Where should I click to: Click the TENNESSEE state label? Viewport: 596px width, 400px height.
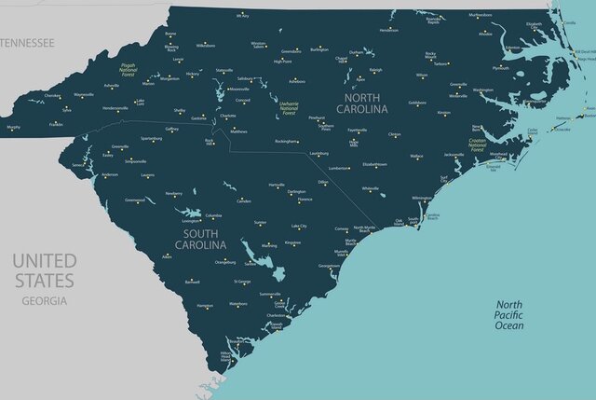tap(27, 43)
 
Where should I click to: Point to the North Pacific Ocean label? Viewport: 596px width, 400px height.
tap(509, 314)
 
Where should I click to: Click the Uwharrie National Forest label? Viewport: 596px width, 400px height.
tap(289, 108)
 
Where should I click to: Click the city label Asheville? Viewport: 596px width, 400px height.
tap(112, 86)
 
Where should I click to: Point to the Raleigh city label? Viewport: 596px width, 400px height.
tap(375, 70)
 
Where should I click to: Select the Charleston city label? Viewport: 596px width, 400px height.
tap(276, 315)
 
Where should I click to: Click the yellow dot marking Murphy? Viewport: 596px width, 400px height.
tap(13, 130)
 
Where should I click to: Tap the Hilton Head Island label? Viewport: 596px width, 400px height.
tap(226, 356)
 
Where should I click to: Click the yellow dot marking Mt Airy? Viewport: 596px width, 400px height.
tap(244, 20)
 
